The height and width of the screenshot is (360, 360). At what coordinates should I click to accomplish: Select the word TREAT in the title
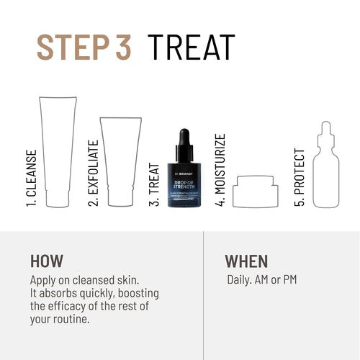[x=192, y=47]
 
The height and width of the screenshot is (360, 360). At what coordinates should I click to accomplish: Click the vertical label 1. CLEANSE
[x=32, y=176]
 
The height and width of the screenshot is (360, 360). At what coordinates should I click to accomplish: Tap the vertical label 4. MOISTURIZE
[x=220, y=170]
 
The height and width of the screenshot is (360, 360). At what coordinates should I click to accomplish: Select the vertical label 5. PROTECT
[x=300, y=177]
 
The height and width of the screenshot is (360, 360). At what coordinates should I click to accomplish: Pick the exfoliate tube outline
[x=121, y=162]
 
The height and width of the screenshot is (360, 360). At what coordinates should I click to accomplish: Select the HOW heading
[x=47, y=261]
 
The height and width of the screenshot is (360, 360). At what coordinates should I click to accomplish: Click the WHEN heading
[x=246, y=261]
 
